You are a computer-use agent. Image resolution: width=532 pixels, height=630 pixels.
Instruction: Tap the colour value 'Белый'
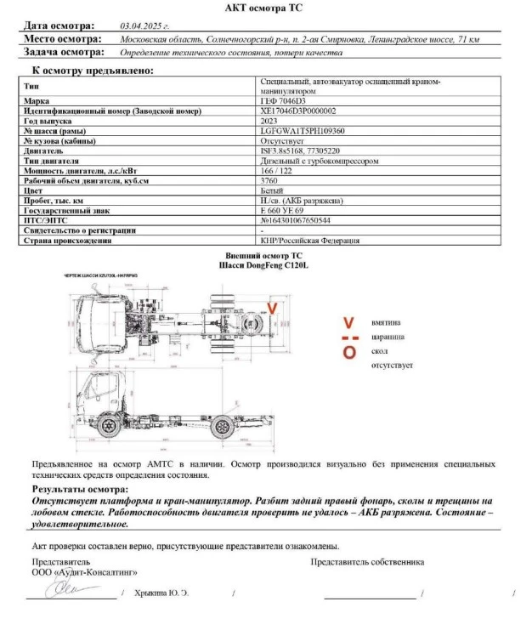tap(271, 190)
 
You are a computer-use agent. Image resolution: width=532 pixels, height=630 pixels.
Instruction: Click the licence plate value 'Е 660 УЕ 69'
tap(281, 210)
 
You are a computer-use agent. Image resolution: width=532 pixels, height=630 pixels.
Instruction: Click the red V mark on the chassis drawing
tap(272, 308)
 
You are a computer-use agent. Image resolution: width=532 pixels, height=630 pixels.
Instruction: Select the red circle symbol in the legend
tap(348, 353)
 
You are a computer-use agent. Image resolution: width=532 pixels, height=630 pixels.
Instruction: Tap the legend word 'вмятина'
tap(388, 323)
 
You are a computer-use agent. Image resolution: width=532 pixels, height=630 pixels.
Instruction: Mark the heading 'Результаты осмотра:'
tap(74, 490)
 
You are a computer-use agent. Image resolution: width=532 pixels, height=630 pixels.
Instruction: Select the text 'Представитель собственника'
tap(367, 562)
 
